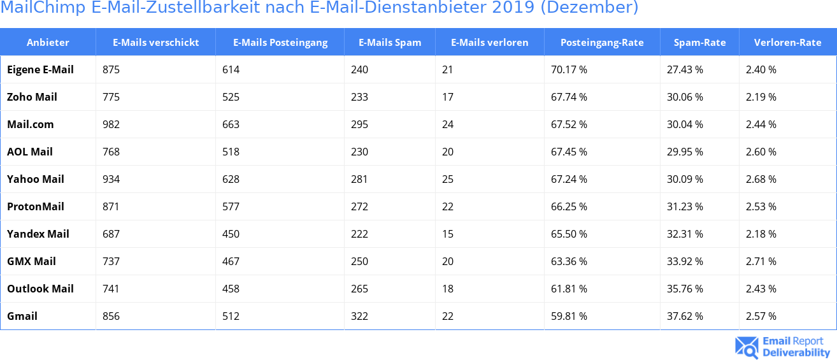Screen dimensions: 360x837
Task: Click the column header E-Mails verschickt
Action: pyautogui.click(x=155, y=43)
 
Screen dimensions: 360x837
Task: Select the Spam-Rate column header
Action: pyautogui.click(x=699, y=43)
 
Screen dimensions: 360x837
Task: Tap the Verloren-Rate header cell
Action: pyautogui.click(x=787, y=43)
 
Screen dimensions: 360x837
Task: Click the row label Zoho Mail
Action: pyautogui.click(x=32, y=97)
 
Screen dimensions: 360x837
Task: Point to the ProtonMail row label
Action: pyautogui.click(x=36, y=206)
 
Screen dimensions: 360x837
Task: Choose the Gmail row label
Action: pyautogui.click(x=22, y=316)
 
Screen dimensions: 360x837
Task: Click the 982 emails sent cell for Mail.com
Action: pyautogui.click(x=111, y=124)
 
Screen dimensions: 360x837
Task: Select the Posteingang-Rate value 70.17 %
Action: pyautogui.click(x=569, y=69)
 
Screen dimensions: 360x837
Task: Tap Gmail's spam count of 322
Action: pyautogui.click(x=360, y=316)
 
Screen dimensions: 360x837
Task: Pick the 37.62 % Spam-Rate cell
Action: pyautogui.click(x=685, y=316)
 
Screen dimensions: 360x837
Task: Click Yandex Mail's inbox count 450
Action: pyautogui.click(x=231, y=234)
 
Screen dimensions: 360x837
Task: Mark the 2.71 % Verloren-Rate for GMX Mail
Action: pyautogui.click(x=761, y=261)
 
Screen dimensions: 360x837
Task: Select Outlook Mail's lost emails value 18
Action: pyautogui.click(x=448, y=289)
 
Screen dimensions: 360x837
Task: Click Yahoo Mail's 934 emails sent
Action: pyautogui.click(x=111, y=179)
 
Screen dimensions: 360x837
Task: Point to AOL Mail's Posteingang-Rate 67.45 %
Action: pyautogui.click(x=569, y=152)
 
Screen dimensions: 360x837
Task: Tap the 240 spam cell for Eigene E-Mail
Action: pyautogui.click(x=360, y=69)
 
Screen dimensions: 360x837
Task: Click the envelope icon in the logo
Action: pyautogui.click(x=746, y=347)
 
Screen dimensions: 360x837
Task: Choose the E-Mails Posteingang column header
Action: pyautogui.click(x=280, y=43)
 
